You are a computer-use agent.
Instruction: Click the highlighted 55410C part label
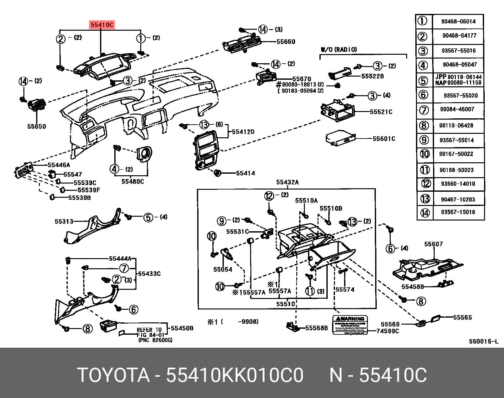(102, 24)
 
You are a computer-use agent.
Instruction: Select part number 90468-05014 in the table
(458, 22)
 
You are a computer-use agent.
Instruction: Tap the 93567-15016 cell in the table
(458, 212)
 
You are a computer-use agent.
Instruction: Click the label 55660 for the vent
(286, 42)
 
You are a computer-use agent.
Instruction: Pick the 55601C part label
(384, 139)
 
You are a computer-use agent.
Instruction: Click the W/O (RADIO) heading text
(339, 49)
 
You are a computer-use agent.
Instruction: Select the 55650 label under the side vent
(36, 127)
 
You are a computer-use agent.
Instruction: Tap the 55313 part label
(64, 221)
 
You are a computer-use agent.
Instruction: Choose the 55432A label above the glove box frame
(287, 182)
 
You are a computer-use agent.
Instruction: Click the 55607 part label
(433, 244)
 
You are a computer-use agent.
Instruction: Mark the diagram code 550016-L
(483, 341)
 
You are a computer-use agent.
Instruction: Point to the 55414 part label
(245, 173)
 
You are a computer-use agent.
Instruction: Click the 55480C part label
(133, 182)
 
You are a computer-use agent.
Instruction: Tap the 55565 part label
(462, 317)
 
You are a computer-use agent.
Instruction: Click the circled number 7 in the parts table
(424, 110)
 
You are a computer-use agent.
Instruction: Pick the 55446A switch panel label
(59, 165)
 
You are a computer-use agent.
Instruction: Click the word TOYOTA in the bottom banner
(113, 375)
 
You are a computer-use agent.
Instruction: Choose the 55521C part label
(381, 112)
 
